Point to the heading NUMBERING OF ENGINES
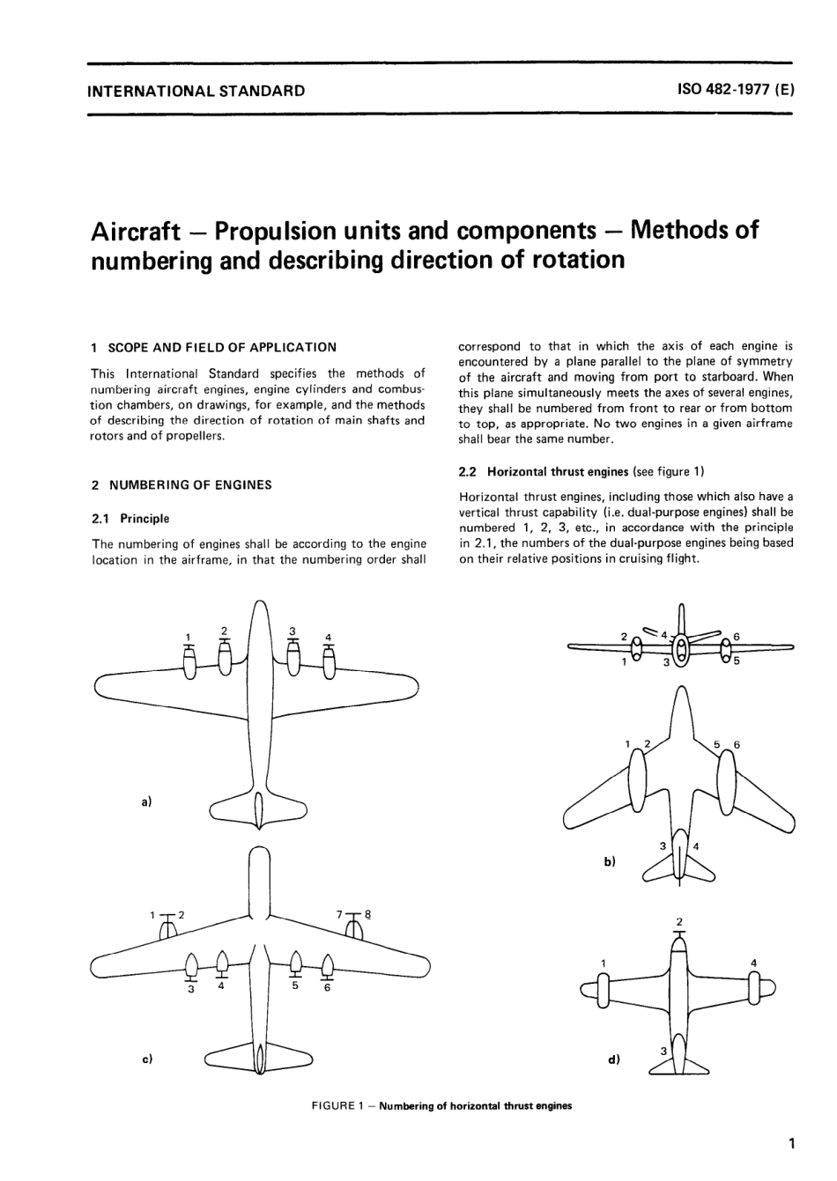point(189,484)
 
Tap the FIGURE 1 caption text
point(441,1106)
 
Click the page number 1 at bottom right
point(792,1145)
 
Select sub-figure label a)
point(147,801)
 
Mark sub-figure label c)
point(147,1059)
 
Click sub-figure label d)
point(614,1059)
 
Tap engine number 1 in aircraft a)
point(188,637)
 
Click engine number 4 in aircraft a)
point(328,637)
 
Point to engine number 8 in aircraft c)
point(368,914)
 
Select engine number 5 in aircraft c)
point(297,985)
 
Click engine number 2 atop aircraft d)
point(678,922)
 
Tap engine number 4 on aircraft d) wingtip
point(753,963)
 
